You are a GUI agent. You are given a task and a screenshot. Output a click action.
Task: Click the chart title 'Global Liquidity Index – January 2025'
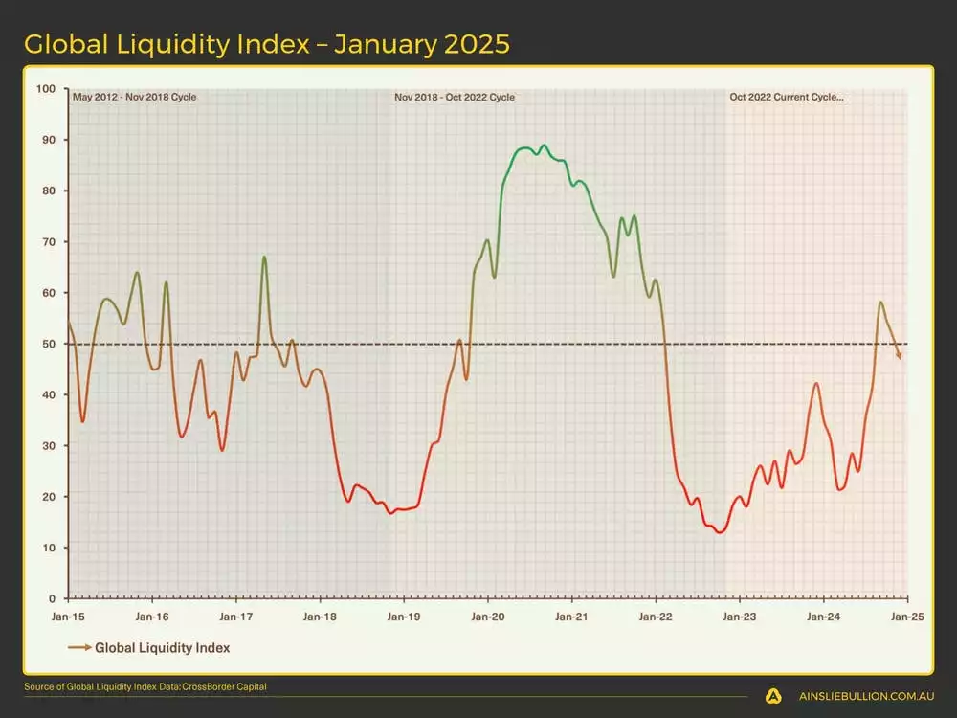point(266,44)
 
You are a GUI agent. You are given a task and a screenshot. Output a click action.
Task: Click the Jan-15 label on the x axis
point(68,617)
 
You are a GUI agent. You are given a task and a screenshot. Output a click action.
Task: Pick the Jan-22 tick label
point(655,617)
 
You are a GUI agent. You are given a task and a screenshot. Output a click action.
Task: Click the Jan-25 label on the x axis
point(905,617)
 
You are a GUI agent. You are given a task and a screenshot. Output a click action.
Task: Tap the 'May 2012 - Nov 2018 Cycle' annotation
point(135,97)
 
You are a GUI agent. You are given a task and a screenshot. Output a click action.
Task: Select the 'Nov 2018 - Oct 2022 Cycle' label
point(455,97)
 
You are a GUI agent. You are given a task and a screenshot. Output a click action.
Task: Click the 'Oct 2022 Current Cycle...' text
point(787,97)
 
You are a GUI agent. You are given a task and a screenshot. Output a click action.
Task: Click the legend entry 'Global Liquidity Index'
point(162,648)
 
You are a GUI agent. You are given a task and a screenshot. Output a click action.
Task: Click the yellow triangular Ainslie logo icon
point(774,697)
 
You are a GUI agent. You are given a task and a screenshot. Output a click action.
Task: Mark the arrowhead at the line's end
point(900,357)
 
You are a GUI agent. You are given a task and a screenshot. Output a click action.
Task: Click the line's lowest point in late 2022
point(720,531)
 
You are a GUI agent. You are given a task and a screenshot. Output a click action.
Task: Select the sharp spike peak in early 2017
point(264,258)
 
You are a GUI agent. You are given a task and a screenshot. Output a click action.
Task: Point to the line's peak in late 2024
point(880,303)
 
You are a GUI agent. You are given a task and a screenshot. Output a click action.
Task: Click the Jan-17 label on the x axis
point(235,617)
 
